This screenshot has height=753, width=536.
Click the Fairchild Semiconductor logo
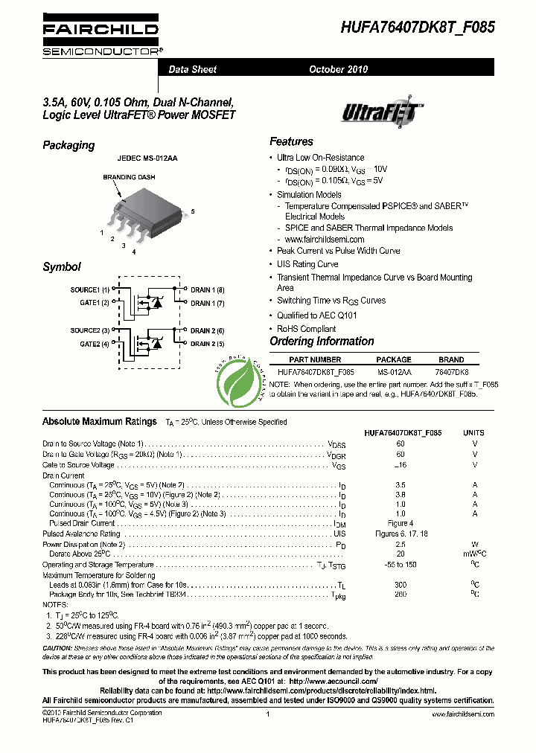click(100, 35)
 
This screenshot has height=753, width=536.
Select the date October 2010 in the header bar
click(339, 69)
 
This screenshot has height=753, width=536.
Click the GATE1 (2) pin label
click(95, 303)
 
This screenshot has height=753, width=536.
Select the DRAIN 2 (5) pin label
click(208, 344)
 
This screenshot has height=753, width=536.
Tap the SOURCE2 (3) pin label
click(90, 330)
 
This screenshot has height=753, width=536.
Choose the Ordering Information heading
click(322, 342)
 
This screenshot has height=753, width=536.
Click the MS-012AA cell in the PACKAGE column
click(394, 371)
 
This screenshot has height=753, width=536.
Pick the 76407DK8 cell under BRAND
click(452, 371)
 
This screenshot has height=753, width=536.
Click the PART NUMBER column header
click(315, 359)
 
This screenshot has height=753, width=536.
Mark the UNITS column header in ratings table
click(474, 432)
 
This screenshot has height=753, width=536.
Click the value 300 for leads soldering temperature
click(401, 585)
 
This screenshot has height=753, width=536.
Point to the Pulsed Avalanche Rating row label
click(81, 533)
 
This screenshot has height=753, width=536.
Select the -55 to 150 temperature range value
click(401, 565)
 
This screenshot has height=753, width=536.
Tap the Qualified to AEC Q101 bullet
click(317, 315)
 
